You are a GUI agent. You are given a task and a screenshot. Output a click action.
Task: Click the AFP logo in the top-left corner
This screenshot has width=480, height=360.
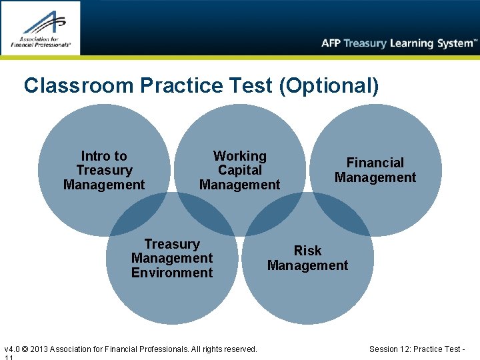tap(40, 28)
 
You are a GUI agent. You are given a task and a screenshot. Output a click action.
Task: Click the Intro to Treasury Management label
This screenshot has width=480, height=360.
tap(104, 171)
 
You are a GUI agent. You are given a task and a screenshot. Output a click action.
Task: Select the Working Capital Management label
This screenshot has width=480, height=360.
tap(239, 171)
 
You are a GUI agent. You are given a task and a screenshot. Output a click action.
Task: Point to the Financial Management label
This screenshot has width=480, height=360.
tap(375, 170)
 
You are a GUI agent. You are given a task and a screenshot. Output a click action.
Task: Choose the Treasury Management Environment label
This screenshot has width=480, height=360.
tap(172, 259)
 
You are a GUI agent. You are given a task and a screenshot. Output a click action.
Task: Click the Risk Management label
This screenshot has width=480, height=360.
tap(307, 258)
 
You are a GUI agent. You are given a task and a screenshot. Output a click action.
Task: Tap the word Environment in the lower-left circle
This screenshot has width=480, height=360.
tap(172, 273)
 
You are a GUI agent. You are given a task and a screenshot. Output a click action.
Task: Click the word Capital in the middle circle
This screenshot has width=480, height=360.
tap(239, 171)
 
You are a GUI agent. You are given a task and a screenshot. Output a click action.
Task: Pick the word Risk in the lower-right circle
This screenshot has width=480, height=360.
tap(307, 251)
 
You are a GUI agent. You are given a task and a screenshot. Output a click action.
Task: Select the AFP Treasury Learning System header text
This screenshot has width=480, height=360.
tap(399, 43)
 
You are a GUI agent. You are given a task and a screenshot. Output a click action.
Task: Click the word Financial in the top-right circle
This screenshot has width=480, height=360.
tap(375, 163)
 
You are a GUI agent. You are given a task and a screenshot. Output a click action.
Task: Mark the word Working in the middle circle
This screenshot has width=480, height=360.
tap(239, 156)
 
